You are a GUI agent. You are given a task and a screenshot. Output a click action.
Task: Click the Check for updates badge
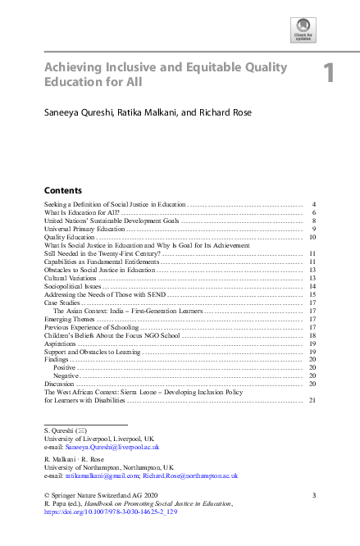click(x=303, y=30)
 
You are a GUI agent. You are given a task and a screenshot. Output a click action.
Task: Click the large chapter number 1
click(x=328, y=74)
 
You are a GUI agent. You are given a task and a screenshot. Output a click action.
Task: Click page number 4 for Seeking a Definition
click(x=314, y=203)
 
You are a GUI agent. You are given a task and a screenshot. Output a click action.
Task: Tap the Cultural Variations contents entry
click(x=71, y=279)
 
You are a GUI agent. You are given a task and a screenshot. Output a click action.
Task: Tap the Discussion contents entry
click(x=62, y=384)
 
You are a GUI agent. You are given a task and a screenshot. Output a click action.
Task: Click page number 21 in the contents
click(x=312, y=400)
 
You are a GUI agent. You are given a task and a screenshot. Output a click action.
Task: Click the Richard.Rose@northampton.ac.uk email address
click(x=189, y=475)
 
